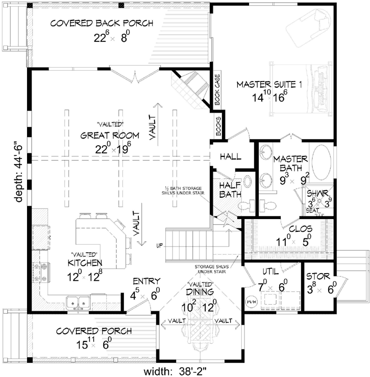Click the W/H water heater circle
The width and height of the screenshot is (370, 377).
[252, 300]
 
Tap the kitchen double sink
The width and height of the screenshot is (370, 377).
[78, 303]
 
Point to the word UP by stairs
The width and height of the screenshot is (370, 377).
[160, 246]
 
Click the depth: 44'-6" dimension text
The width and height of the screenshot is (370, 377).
[19, 165]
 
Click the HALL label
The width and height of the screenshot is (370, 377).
[231, 157]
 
